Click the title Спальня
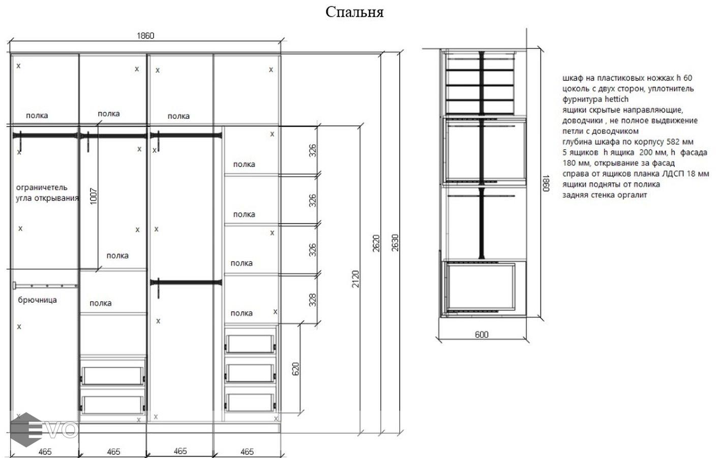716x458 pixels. (x=354, y=12)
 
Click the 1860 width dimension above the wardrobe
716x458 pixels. (x=145, y=36)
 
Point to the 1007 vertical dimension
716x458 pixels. (x=94, y=196)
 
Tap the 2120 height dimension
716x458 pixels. (x=355, y=279)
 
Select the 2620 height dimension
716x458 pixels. (x=376, y=243)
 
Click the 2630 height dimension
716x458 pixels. (x=395, y=242)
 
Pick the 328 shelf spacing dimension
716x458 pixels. (x=313, y=300)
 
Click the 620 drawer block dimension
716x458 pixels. (x=295, y=369)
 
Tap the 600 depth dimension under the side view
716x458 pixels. (x=482, y=334)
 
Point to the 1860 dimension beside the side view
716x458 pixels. (x=546, y=183)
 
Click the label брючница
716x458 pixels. (x=38, y=300)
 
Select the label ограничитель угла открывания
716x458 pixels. (x=47, y=192)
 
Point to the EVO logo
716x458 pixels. (x=44, y=430)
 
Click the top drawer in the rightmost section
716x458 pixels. (x=250, y=344)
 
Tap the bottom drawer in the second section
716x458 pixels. (x=112, y=405)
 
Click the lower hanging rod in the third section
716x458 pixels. (x=186, y=283)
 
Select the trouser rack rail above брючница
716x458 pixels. (x=45, y=285)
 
